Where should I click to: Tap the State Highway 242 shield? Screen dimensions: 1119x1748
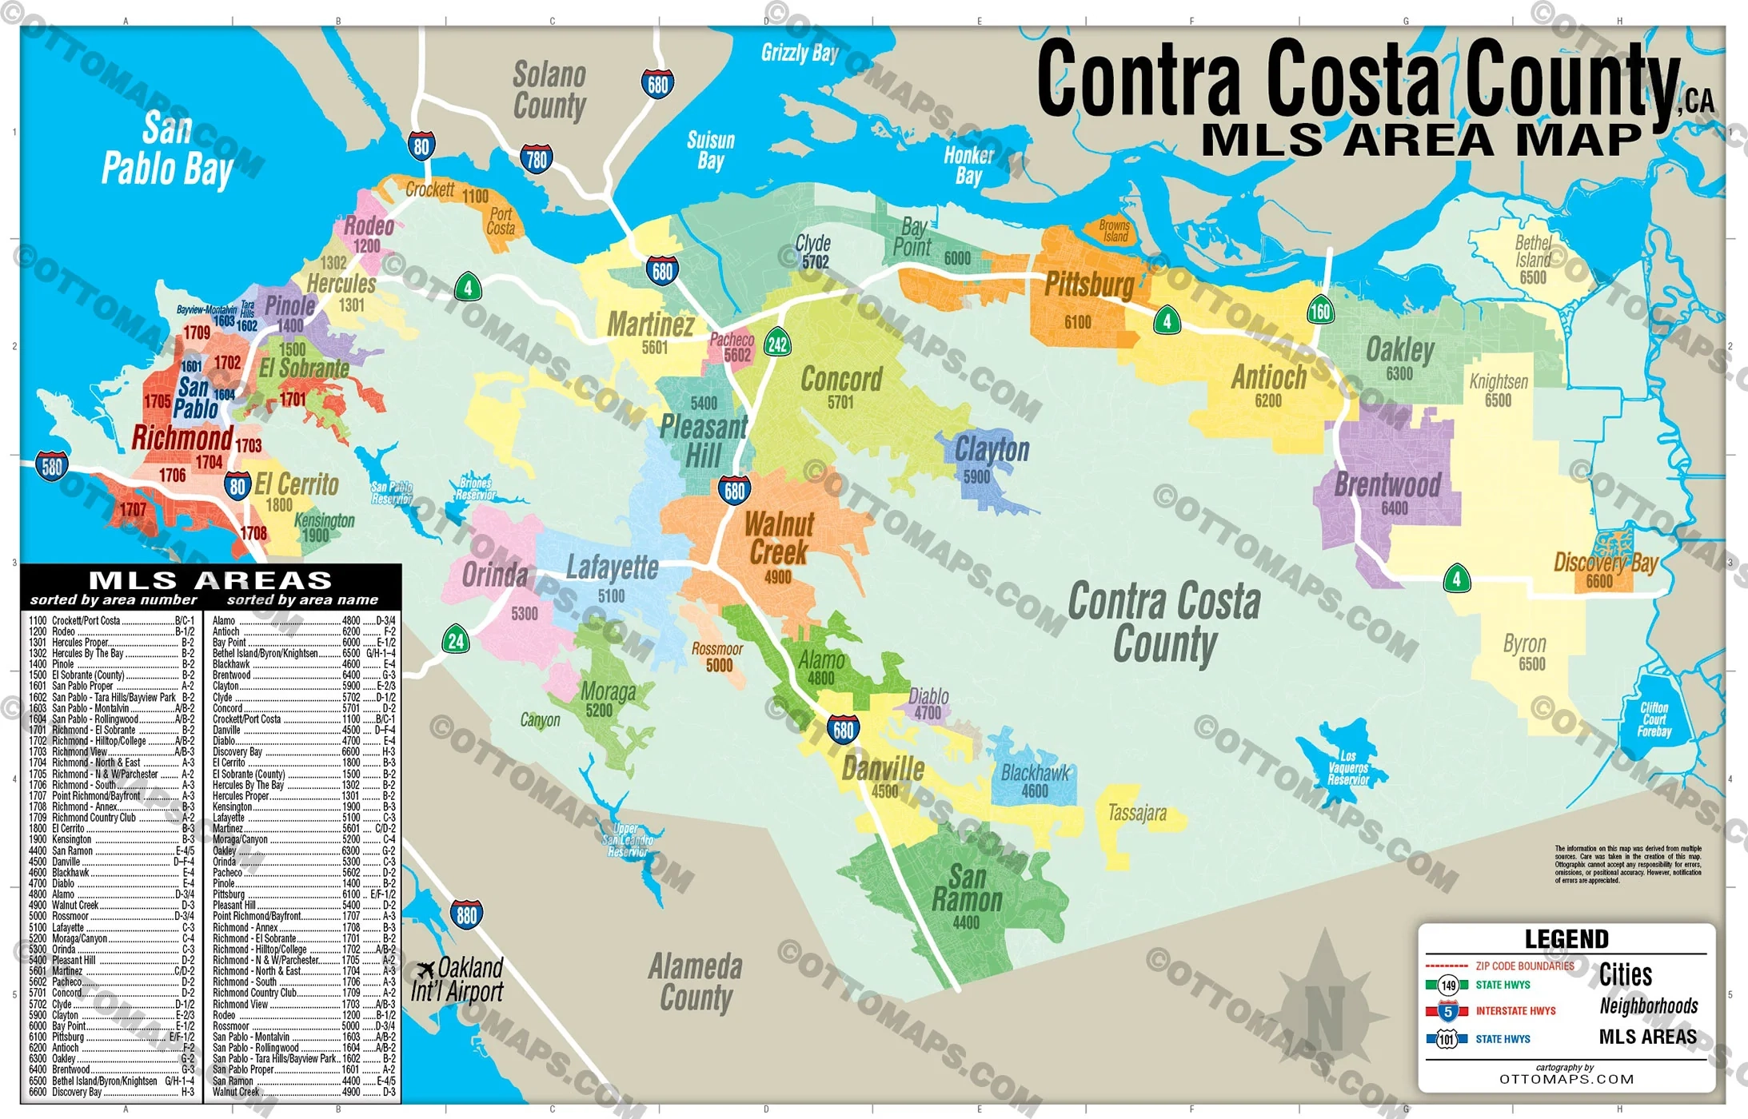pyautogui.click(x=777, y=344)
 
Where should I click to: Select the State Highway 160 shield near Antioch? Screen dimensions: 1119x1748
pyautogui.click(x=1319, y=311)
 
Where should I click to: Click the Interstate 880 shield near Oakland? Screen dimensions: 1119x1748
pyautogui.click(x=466, y=914)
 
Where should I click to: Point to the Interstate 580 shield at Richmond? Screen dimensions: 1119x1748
pyautogui.click(x=52, y=466)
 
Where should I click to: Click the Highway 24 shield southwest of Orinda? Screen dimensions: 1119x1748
pyautogui.click(x=456, y=640)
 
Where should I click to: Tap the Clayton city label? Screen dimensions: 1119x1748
pyautogui.click(x=992, y=450)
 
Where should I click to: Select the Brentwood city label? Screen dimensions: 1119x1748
pyautogui.click(x=1387, y=484)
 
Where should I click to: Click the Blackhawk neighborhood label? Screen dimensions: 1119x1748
pyautogui.click(x=1035, y=773)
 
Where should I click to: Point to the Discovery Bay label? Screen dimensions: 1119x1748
pyautogui.click(x=1605, y=562)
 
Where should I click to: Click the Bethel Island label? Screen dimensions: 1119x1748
pyautogui.click(x=1533, y=252)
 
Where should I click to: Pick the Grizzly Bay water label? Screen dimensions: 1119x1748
pyautogui.click(x=799, y=54)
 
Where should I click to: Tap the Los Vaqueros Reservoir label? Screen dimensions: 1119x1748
pyautogui.click(x=1348, y=768)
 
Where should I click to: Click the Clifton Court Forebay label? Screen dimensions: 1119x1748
pyautogui.click(x=1654, y=719)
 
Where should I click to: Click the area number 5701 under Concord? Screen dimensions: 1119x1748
pyautogui.click(x=840, y=403)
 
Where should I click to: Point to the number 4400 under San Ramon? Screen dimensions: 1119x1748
pyautogui.click(x=966, y=922)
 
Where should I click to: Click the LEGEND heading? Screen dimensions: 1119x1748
pyautogui.click(x=1566, y=939)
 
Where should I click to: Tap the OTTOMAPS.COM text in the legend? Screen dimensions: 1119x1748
pyautogui.click(x=1566, y=1079)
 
